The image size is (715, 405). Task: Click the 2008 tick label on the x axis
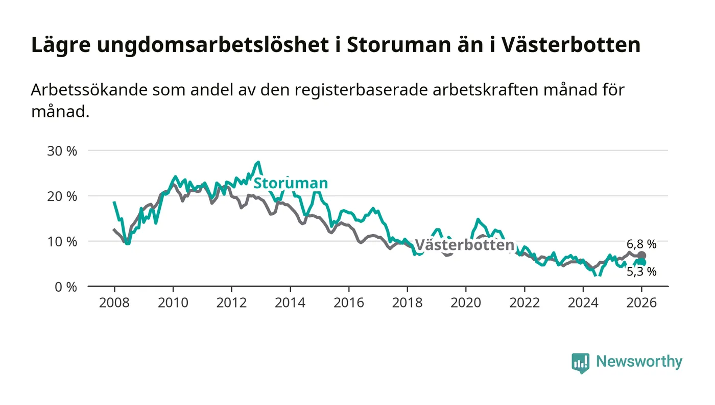[114, 302]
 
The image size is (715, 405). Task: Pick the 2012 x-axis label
[231, 302]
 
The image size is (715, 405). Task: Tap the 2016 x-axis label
[348, 302]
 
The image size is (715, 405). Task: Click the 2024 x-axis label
[583, 302]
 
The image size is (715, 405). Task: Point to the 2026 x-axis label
[641, 302]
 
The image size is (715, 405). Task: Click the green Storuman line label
[291, 183]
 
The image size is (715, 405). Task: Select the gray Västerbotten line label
[464, 245]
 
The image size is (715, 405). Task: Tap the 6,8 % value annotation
[641, 244]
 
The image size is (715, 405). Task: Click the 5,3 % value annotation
[641, 272]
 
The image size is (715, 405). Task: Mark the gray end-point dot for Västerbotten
[641, 256]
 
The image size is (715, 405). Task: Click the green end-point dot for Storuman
[642, 262]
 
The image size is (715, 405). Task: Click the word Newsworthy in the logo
[639, 362]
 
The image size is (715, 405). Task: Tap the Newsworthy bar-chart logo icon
[580, 363]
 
